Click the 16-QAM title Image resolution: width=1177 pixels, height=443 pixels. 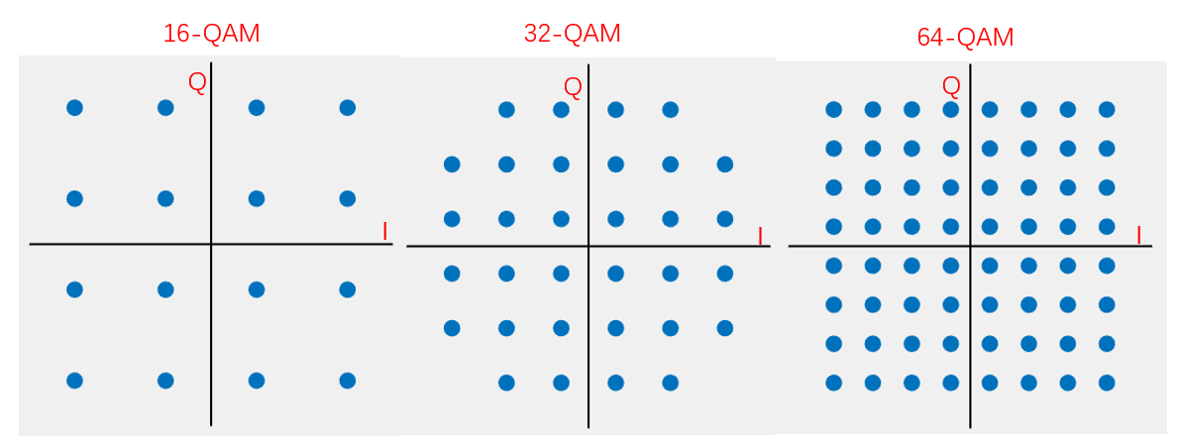click(211, 34)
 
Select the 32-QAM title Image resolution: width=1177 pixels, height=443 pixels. click(572, 34)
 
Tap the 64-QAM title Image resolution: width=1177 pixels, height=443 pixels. click(965, 38)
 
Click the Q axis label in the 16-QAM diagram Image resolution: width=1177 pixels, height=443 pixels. click(197, 83)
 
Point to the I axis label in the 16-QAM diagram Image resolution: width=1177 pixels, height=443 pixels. click(385, 232)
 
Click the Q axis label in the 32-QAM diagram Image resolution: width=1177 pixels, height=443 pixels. click(573, 87)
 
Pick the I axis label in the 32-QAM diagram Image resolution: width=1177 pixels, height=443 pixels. click(760, 237)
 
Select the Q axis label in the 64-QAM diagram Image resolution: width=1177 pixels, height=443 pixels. click(951, 86)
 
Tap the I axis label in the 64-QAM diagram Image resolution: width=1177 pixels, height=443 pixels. click(1138, 236)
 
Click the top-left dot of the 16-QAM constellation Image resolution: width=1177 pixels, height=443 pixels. click(74, 107)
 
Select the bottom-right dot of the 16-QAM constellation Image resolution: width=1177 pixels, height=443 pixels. click(347, 380)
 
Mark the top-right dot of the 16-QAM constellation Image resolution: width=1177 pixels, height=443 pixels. click(347, 107)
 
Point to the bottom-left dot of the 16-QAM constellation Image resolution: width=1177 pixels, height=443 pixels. click(74, 380)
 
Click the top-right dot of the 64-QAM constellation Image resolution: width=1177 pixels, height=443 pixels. click(1107, 109)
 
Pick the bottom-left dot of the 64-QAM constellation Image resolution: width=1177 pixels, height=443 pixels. click(833, 383)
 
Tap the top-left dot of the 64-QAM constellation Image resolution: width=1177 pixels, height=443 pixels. click(833, 109)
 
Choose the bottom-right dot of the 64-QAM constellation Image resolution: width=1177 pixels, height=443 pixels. click(1107, 383)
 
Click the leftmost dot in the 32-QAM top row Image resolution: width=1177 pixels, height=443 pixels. click(506, 109)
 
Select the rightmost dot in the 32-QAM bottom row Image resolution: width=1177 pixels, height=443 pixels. click(670, 383)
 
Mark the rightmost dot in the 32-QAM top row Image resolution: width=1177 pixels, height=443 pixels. click(670, 109)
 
